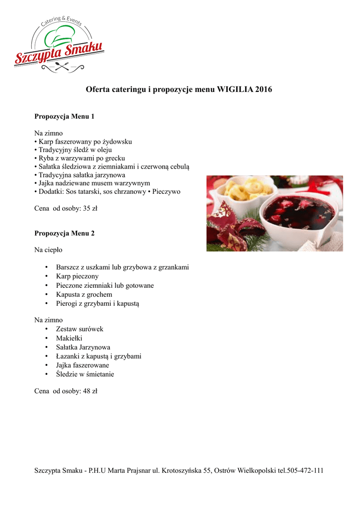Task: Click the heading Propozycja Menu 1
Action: pos(64,117)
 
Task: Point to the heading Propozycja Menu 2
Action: pos(64,233)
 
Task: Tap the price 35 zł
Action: pos(89,209)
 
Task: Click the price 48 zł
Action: pos(89,391)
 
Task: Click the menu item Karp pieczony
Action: pos(77,276)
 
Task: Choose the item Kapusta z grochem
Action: pos(84,294)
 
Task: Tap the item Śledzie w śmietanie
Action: pos(85,374)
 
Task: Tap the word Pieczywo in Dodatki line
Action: pos(167,191)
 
